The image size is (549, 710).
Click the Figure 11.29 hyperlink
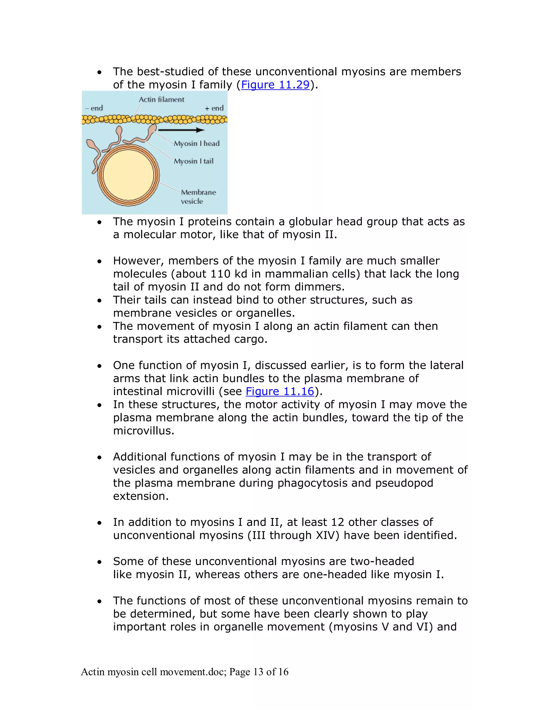pyautogui.click(x=275, y=85)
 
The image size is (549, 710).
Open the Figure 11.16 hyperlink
pyautogui.click(x=280, y=391)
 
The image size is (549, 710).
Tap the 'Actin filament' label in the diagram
pyautogui.click(x=161, y=99)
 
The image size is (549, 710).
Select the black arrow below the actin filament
pyautogui.click(x=181, y=130)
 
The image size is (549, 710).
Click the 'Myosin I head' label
pyautogui.click(x=196, y=143)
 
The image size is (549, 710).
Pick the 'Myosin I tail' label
pyautogui.click(x=194, y=161)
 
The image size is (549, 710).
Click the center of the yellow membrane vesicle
pyautogui.click(x=128, y=175)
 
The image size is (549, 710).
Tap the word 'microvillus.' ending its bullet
pyautogui.click(x=143, y=431)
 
